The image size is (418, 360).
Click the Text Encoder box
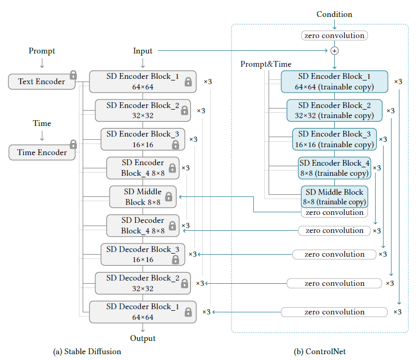coord(42,82)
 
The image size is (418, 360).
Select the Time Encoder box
coord(42,152)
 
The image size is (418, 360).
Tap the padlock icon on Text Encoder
coord(73,75)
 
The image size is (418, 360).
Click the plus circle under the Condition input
coord(334,50)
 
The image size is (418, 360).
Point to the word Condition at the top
coord(334,14)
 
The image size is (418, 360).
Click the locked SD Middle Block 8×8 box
coord(143,197)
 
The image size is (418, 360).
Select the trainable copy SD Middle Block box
coord(334,196)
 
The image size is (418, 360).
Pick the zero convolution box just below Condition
coord(334,35)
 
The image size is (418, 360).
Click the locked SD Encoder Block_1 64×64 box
coord(143,82)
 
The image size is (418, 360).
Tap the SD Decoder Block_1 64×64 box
coord(143,312)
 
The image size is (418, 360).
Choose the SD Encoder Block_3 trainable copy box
coord(334,139)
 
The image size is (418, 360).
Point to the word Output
coord(143,338)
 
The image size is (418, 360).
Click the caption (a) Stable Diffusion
coord(87,351)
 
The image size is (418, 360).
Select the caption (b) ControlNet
coord(320,351)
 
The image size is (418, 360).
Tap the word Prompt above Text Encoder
coord(42,51)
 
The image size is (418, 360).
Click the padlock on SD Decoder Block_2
coord(184,284)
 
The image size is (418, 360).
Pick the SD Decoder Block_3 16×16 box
coord(143,254)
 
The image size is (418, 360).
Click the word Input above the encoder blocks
coord(143,51)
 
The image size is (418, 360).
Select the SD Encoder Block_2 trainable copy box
coord(334,111)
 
